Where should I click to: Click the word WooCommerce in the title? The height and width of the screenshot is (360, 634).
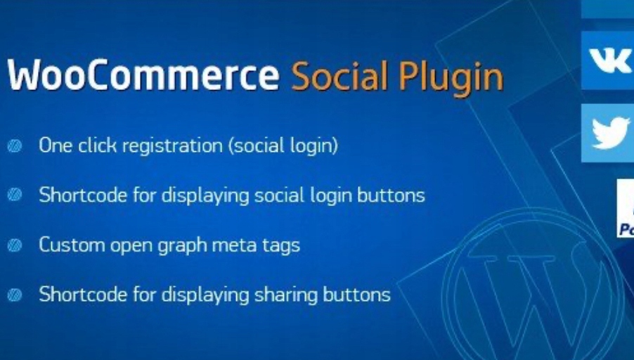point(143,75)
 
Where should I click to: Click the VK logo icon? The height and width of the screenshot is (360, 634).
point(609,60)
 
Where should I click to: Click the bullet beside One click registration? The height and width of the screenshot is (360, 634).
point(15,146)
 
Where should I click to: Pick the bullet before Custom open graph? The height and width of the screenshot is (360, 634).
point(15,245)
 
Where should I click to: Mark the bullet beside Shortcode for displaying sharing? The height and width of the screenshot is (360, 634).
point(15,295)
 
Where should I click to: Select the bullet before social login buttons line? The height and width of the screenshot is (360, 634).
point(15,195)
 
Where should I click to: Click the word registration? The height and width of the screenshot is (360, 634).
point(172,146)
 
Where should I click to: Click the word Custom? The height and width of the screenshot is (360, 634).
point(72,245)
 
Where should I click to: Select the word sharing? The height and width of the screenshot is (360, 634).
point(286,296)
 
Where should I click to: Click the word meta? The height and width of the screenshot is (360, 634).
point(235,246)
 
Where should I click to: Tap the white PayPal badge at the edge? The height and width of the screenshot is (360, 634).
point(625,208)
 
